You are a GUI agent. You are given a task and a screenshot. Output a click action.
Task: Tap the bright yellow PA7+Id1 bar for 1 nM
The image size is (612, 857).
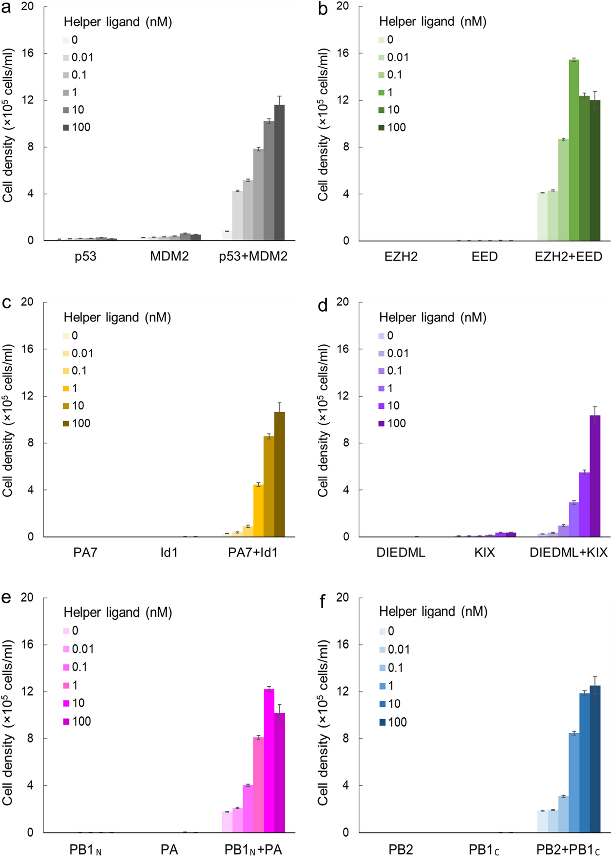(258, 511)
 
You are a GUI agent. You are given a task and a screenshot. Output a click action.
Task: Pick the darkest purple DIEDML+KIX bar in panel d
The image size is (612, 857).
(595, 476)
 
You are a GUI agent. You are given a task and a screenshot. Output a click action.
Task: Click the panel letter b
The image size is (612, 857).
(323, 9)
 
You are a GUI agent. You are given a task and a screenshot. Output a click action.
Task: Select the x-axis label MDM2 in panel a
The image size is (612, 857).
(169, 257)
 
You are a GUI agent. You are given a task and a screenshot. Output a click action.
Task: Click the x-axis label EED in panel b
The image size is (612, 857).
(485, 257)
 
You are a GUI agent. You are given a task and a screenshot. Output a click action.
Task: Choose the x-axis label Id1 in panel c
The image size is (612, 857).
(169, 552)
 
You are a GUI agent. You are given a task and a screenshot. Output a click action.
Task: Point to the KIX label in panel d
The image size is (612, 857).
(485, 552)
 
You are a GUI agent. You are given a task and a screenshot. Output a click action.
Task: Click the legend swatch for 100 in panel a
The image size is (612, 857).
(66, 127)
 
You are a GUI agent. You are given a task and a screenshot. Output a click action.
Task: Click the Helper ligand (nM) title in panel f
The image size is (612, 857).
(433, 611)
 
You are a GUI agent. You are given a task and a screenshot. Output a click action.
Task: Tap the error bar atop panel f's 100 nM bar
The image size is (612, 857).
(595, 685)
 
